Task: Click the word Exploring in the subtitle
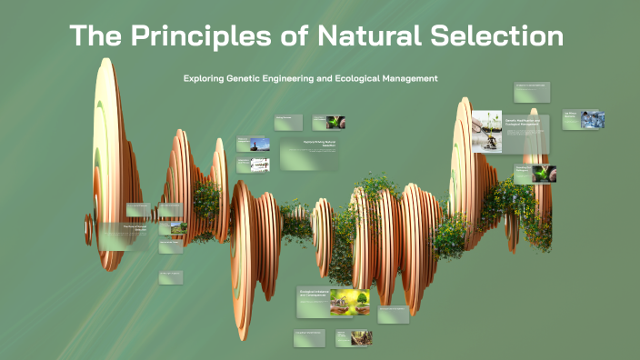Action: click(x=206, y=78)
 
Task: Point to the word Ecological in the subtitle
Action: click(x=347, y=78)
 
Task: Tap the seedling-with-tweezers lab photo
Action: click(x=486, y=132)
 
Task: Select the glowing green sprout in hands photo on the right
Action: click(x=545, y=174)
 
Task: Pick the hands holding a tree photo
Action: click(x=350, y=301)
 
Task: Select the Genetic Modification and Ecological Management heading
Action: click(x=522, y=122)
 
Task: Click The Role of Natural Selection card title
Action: click(x=134, y=228)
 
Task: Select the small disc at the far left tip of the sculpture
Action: click(x=89, y=222)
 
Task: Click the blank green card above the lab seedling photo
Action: click(x=532, y=93)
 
